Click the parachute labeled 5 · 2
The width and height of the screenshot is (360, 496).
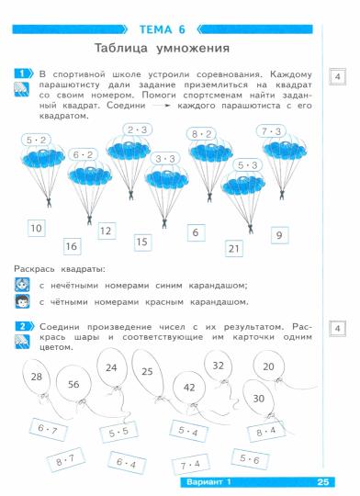(38, 148)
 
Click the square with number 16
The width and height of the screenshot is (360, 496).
(72, 245)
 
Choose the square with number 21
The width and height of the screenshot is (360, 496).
(234, 248)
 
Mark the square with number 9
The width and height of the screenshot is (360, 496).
(277, 235)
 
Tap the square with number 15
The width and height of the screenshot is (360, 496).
(141, 242)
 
